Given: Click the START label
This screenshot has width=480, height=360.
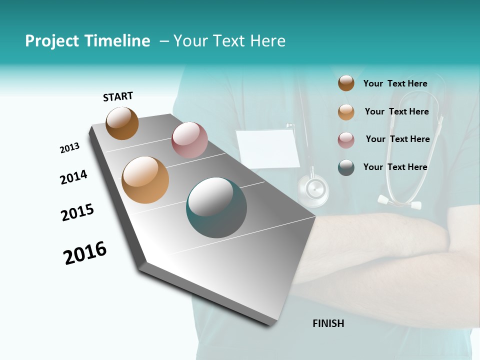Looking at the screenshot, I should click(118, 96).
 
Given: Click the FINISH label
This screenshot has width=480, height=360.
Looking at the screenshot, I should click(328, 323).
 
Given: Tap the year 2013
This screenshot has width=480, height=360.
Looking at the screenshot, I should click(70, 148).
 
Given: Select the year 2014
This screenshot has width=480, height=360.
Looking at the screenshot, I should click(74, 177).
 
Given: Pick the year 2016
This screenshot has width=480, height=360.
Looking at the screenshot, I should click(85, 253).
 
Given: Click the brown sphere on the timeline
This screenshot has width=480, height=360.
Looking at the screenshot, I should click(122, 123).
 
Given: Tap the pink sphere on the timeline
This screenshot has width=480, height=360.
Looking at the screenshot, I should click(189, 140).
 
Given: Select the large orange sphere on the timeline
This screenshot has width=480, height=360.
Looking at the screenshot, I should click(145, 180).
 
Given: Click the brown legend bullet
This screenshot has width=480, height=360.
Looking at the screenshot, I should click(346, 83).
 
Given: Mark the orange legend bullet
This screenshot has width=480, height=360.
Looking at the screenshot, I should click(346, 112).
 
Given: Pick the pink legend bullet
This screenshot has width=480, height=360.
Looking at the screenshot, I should click(346, 140).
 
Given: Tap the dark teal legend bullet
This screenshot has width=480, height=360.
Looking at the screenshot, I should click(346, 167).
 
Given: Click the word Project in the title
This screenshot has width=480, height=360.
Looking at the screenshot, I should click(51, 41).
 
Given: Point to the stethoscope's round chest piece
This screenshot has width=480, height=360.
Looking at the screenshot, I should click(313, 190).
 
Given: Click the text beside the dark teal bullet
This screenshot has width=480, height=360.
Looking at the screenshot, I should click(395, 167).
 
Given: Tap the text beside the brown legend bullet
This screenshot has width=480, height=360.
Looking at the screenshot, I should click(395, 83).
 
